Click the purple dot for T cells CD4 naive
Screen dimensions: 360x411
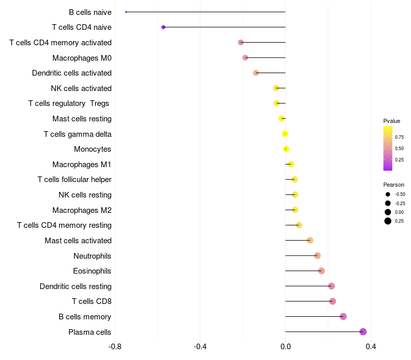(x=163, y=27)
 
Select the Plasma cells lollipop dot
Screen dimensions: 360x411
(x=363, y=332)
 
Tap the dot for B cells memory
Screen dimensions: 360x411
(x=343, y=316)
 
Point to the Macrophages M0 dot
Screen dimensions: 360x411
(x=245, y=58)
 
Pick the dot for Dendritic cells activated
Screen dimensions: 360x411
(x=256, y=73)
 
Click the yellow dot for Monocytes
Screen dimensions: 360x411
(x=286, y=149)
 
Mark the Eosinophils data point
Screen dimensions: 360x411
(x=322, y=271)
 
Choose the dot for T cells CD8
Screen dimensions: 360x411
(x=332, y=301)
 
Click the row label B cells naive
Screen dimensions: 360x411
(x=90, y=12)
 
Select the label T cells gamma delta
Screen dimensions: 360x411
(x=78, y=134)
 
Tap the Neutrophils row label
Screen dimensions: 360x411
(x=92, y=256)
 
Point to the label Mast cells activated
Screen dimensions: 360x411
(x=78, y=241)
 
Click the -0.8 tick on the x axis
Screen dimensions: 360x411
(x=115, y=347)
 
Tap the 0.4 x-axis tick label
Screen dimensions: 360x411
(x=370, y=347)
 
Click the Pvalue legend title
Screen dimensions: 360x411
(x=391, y=121)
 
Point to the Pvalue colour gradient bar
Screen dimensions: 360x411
(x=388, y=148)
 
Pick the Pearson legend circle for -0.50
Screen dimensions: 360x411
(x=388, y=194)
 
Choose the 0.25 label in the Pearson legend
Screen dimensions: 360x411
(x=399, y=221)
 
